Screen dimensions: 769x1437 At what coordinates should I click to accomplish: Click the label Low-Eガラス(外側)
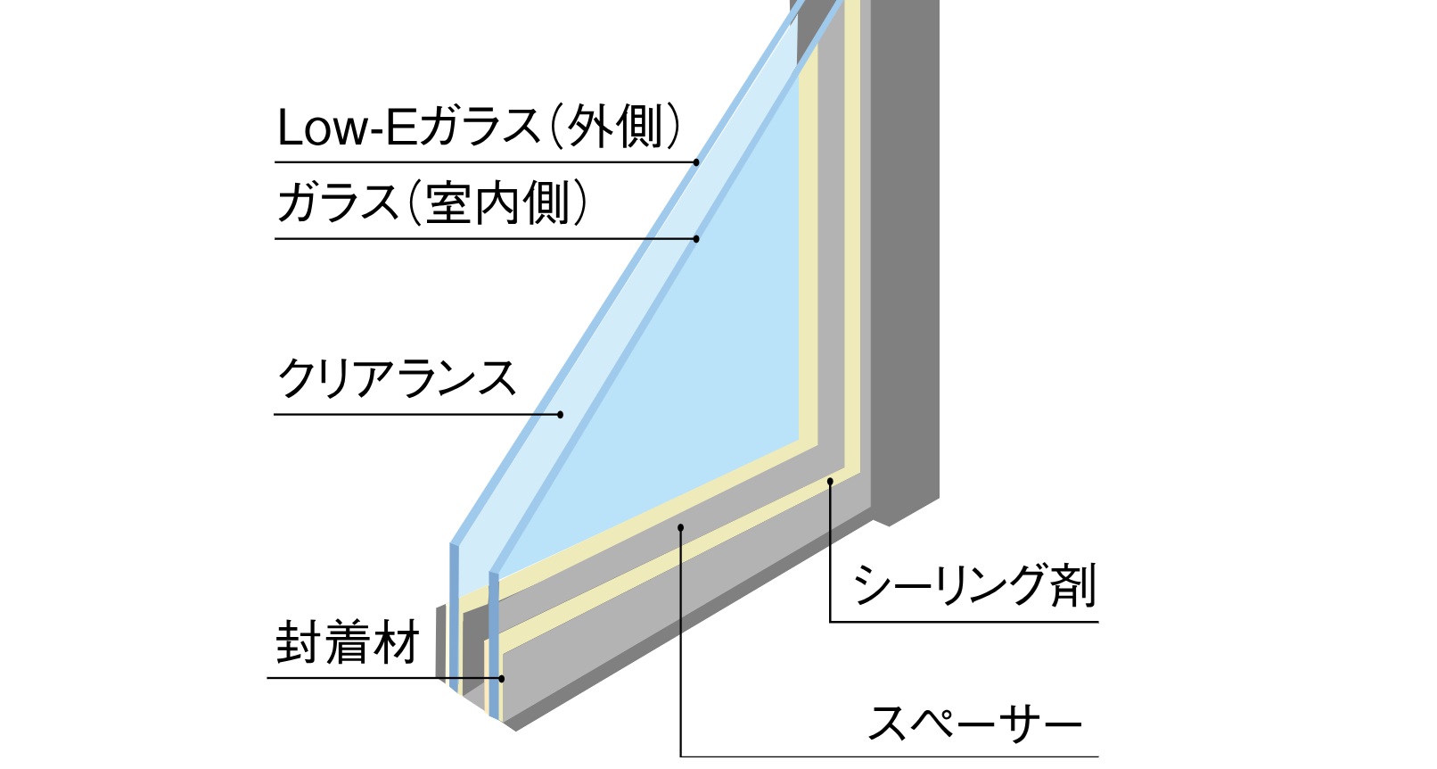pyautogui.click(x=479, y=127)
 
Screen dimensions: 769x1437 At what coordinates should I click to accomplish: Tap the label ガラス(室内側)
pyautogui.click(x=432, y=203)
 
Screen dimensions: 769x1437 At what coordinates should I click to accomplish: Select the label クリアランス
pyautogui.click(x=397, y=379)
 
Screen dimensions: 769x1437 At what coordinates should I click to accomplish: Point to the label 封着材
pyautogui.click(x=347, y=642)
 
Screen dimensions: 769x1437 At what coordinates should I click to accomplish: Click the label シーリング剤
pyautogui.click(x=973, y=586)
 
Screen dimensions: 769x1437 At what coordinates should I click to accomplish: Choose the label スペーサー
pyautogui.click(x=973, y=723)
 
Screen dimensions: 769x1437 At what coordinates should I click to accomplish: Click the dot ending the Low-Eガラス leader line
pyautogui.click(x=697, y=162)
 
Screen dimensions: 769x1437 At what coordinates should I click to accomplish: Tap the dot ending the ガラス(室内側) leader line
pyautogui.click(x=696, y=238)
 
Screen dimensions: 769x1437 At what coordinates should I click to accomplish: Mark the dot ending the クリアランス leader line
pyautogui.click(x=561, y=414)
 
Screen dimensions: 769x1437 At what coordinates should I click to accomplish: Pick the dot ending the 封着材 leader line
pyautogui.click(x=502, y=678)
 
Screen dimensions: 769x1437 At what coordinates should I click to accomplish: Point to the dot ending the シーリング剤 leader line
pyautogui.click(x=830, y=482)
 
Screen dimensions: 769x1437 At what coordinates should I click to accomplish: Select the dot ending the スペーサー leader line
pyautogui.click(x=680, y=527)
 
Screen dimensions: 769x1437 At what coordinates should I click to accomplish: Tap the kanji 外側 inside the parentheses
pyautogui.click(x=616, y=127)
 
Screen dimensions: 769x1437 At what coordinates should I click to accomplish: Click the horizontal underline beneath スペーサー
pyautogui.click(x=891, y=757)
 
